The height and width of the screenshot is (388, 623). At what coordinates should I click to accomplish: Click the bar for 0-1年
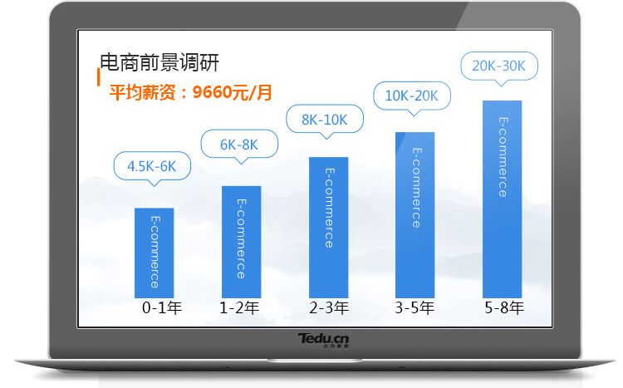point(155,253)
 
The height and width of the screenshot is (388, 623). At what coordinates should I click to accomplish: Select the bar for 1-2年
point(242,242)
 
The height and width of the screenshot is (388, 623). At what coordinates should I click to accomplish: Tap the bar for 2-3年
point(329,228)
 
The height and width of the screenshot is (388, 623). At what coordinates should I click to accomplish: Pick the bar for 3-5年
point(415,215)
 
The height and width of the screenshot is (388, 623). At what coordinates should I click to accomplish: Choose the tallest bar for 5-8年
point(503,199)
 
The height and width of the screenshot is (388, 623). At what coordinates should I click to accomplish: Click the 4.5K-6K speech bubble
point(152,166)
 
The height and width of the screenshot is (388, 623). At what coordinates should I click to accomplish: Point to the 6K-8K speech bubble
point(239,145)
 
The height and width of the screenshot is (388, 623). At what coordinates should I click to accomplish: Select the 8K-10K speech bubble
point(325,120)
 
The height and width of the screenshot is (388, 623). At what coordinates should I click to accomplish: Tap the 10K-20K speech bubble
point(412,96)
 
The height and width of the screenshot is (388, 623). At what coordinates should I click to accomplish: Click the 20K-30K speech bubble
point(499,66)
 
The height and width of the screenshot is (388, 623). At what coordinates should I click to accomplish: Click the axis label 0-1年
point(162,307)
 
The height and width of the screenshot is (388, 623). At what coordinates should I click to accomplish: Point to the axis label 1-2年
point(239,307)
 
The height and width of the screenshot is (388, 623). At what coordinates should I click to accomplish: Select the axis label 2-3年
point(329,307)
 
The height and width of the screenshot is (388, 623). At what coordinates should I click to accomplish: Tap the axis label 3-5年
point(415,307)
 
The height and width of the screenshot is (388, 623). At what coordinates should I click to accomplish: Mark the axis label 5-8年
point(504,307)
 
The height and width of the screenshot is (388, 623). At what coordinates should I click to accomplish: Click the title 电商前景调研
point(159,62)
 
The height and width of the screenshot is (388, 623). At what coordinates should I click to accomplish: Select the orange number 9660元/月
point(233,92)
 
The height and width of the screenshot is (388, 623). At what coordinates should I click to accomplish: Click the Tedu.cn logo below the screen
point(323,340)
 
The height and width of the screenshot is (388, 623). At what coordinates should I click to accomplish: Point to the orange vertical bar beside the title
point(99,76)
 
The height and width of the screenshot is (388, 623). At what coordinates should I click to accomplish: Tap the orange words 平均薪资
point(142,92)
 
